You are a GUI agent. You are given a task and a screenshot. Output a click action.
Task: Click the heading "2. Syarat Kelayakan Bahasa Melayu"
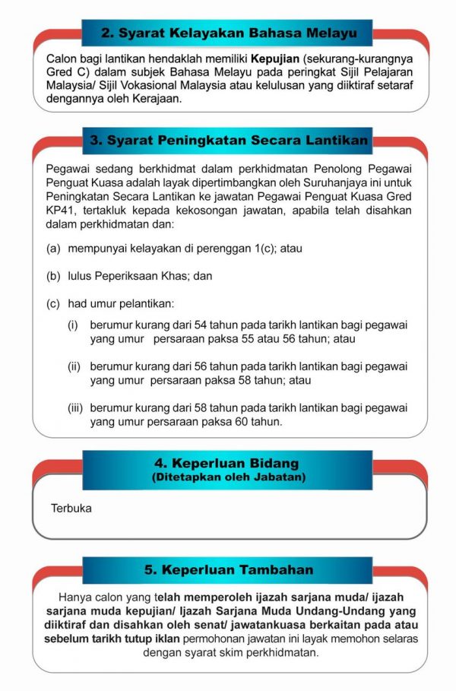point(228,33)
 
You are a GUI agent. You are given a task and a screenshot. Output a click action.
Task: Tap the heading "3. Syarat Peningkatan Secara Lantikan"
point(228,141)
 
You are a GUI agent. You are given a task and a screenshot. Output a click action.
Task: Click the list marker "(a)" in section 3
point(53,249)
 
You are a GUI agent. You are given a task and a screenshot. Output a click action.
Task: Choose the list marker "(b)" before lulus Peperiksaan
point(53,277)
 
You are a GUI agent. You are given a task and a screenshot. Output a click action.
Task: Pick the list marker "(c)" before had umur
point(53,304)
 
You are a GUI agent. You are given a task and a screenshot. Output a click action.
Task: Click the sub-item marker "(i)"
point(74,325)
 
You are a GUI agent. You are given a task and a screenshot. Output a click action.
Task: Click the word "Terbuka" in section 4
point(71,508)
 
